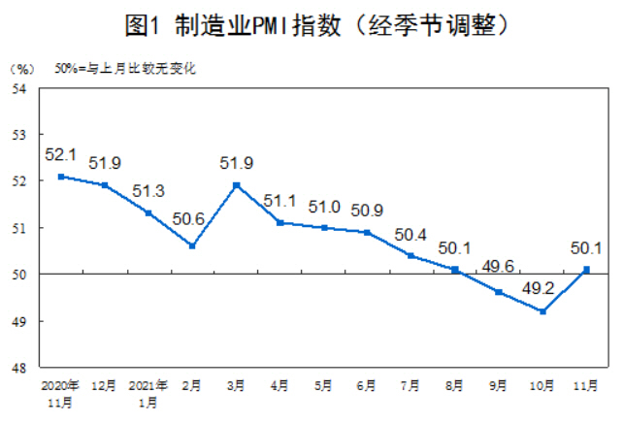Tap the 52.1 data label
(x=60, y=155)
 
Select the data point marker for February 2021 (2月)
(x=192, y=246)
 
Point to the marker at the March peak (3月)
(x=236, y=185)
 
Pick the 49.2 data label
(x=540, y=287)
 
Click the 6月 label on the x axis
(x=367, y=386)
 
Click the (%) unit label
(x=22, y=69)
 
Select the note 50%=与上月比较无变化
(x=124, y=69)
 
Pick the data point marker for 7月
(x=411, y=256)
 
